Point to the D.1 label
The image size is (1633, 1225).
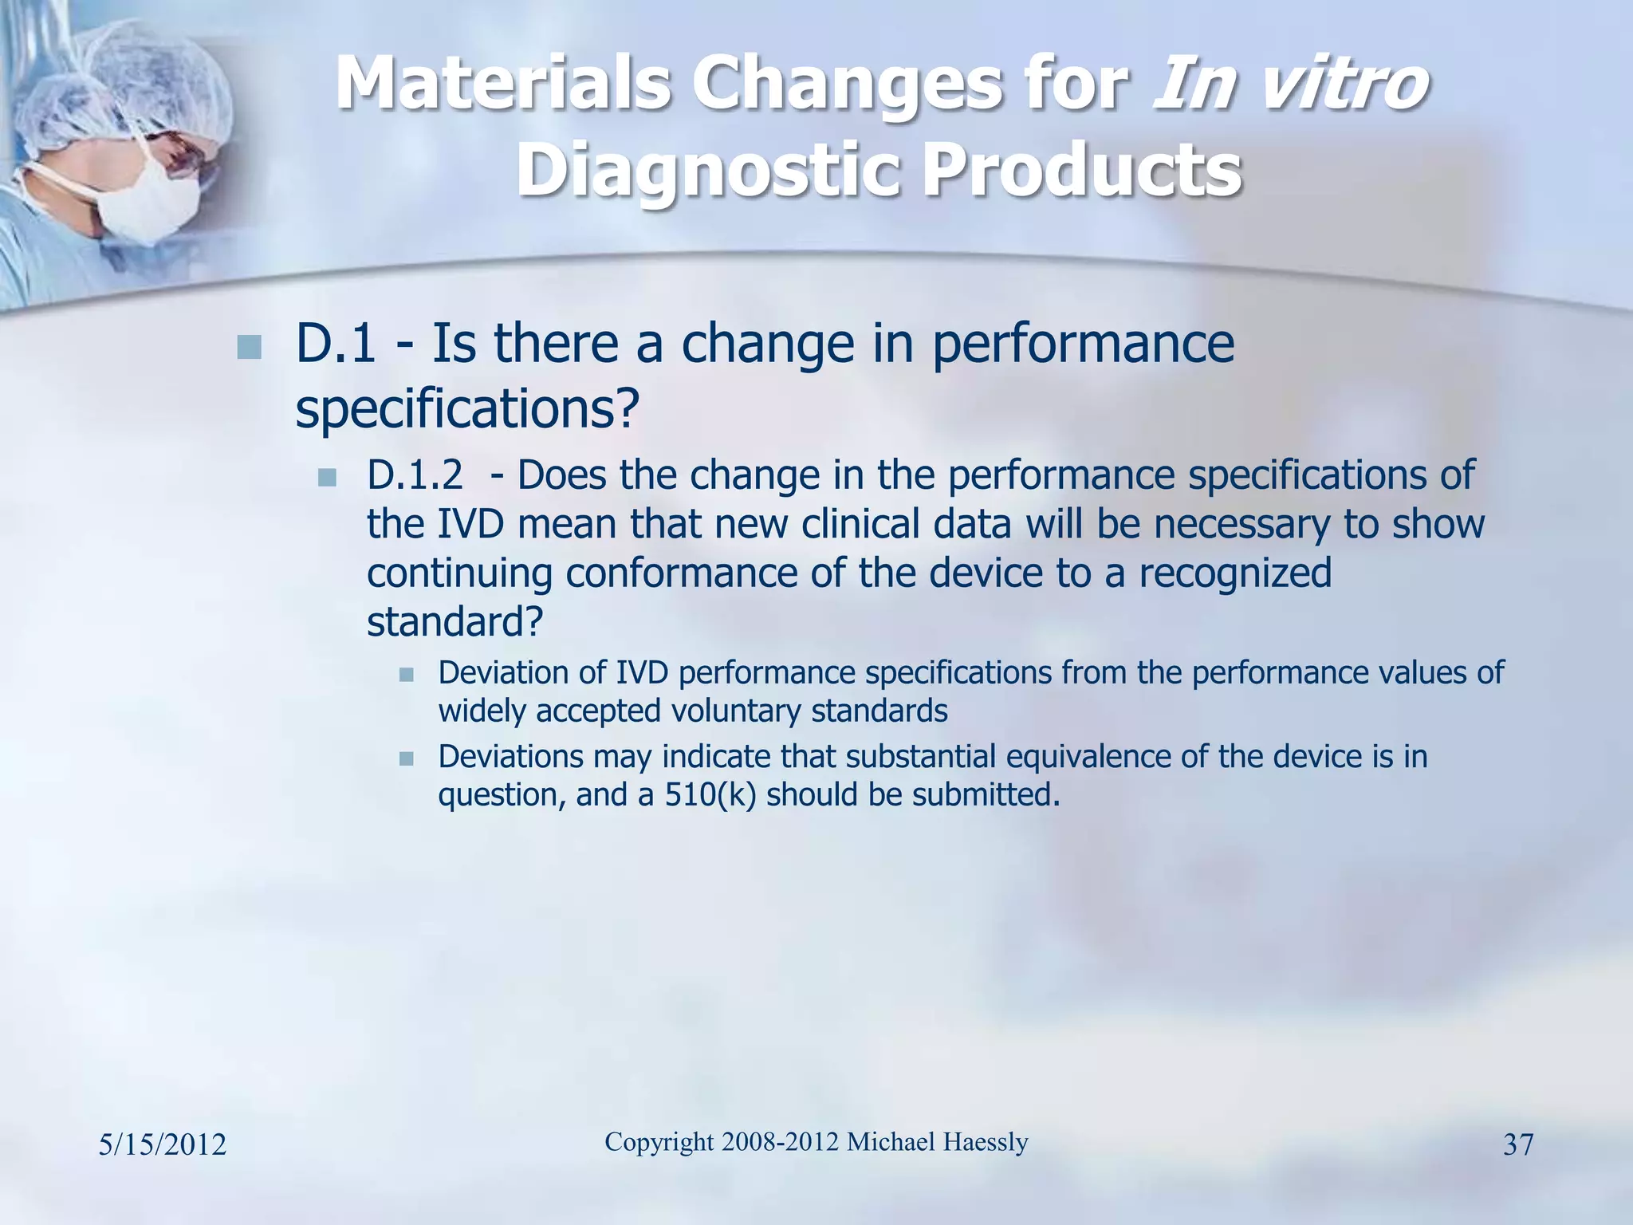335,344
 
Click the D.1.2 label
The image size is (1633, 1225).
415,475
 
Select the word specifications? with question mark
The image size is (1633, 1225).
467,409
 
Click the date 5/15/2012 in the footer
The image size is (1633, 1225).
163,1145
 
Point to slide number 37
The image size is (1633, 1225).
1517,1145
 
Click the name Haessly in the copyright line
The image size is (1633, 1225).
985,1142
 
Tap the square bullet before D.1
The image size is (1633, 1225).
250,348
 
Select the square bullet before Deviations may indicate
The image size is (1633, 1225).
407,758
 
